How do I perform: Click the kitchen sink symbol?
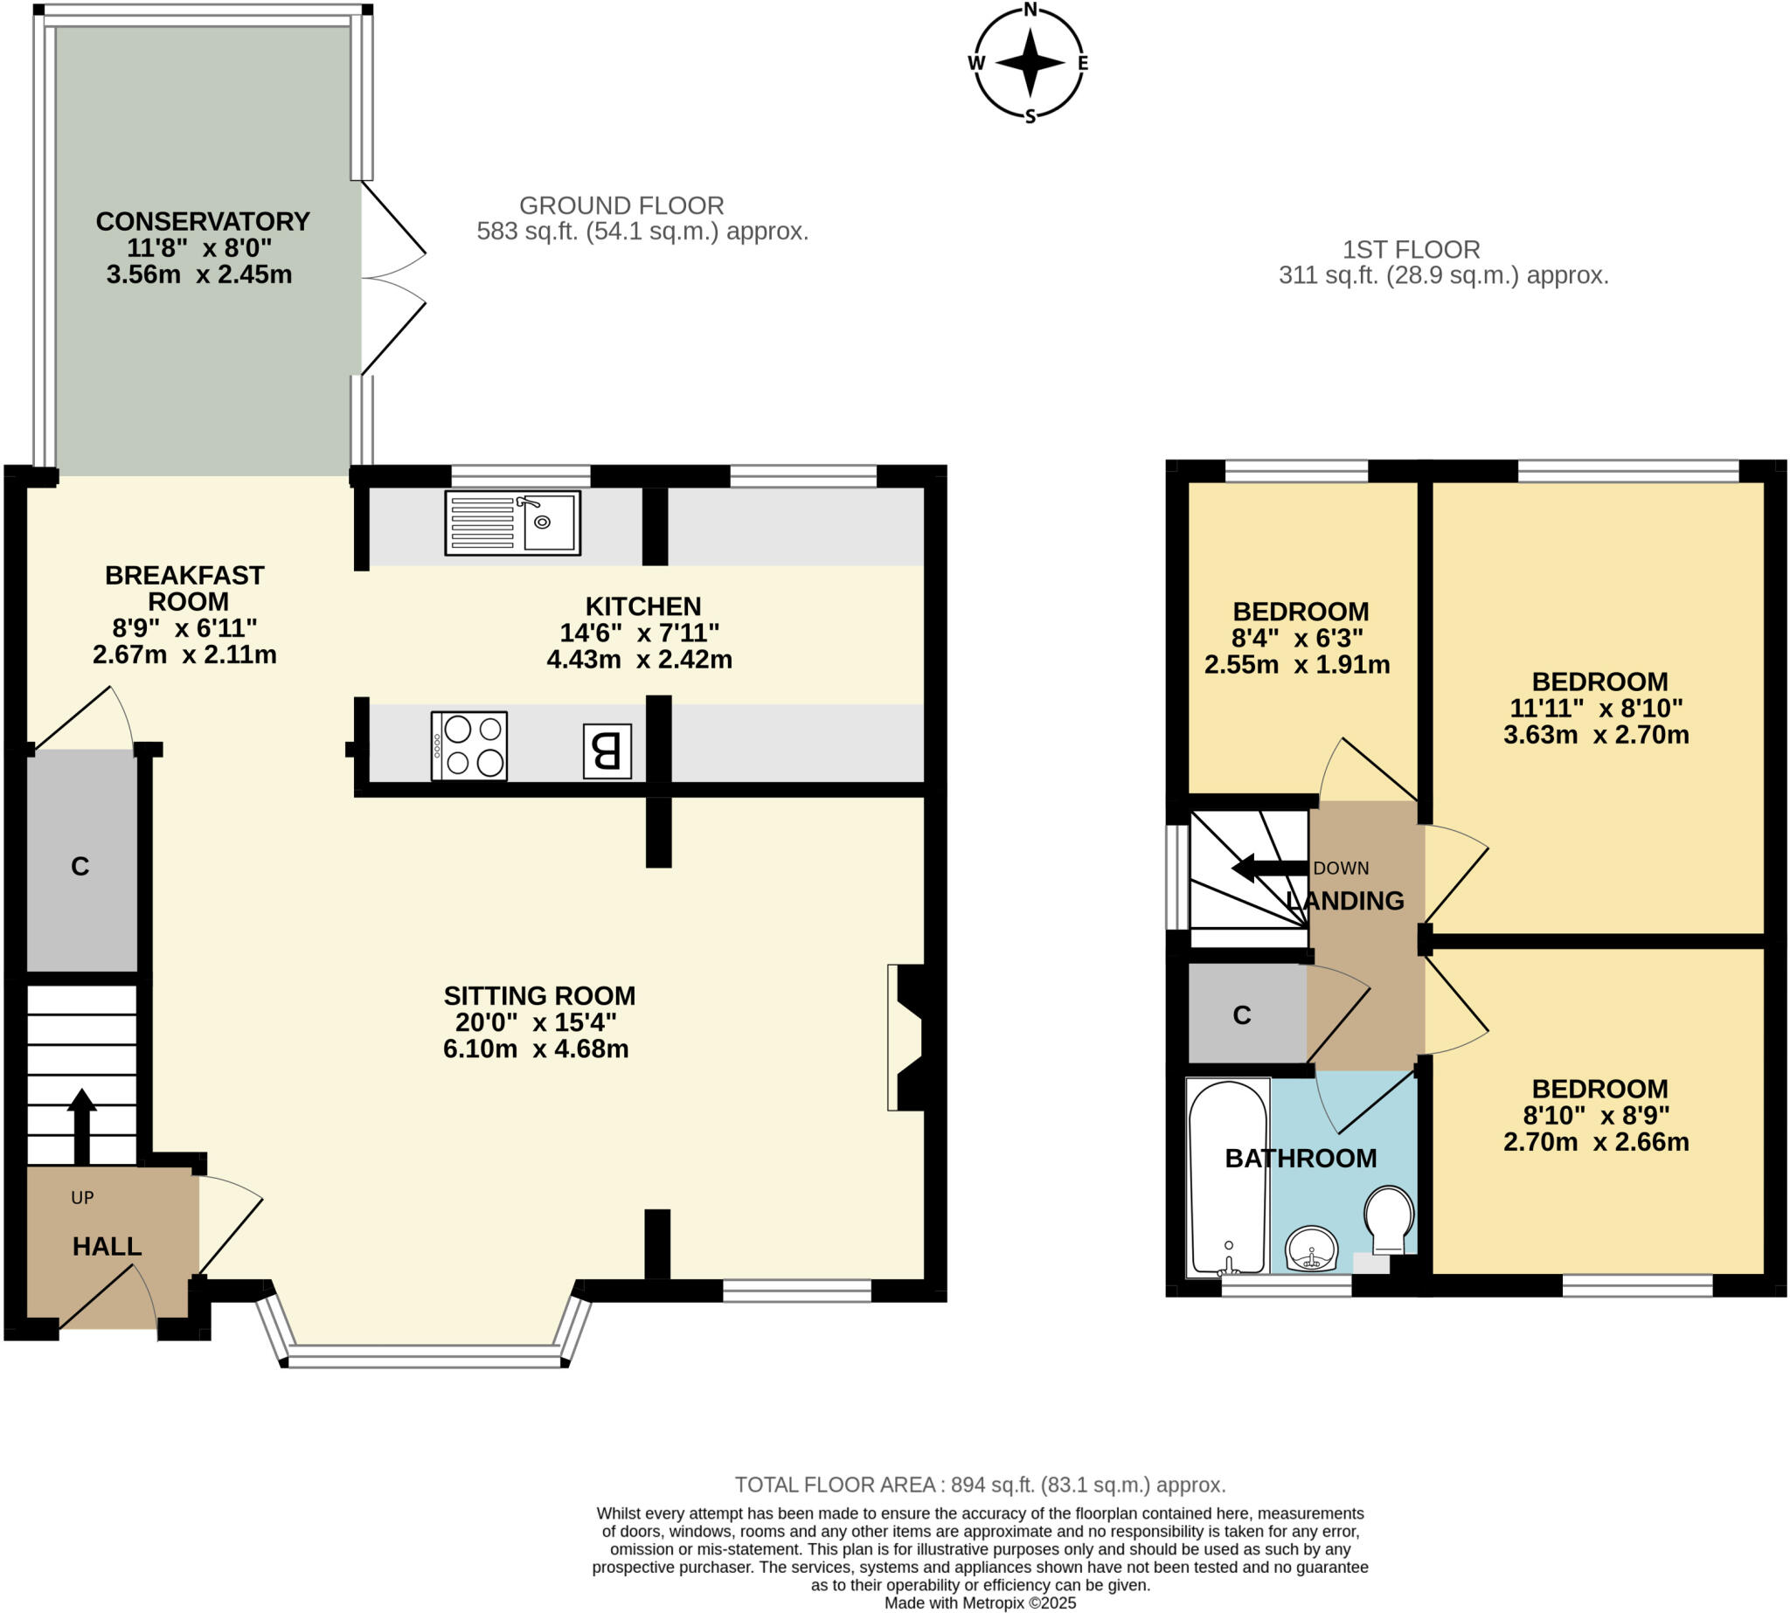tap(512, 523)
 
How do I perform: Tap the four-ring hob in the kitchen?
tap(469, 746)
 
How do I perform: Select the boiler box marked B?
tap(607, 751)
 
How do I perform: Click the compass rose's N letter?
tap(1030, 10)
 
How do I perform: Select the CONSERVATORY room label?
tap(203, 222)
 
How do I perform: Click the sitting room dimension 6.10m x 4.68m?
tap(536, 1049)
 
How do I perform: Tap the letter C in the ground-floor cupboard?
tap(80, 866)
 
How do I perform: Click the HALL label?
tap(107, 1246)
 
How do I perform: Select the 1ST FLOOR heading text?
tap(1411, 250)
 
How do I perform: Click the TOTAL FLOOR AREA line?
tap(980, 1485)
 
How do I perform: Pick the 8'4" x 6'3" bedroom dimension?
tap(1296, 638)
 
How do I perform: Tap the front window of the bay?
tap(425, 1356)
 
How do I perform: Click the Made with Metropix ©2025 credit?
tap(980, 1603)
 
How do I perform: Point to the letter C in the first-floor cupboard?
tap(1241, 1015)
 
